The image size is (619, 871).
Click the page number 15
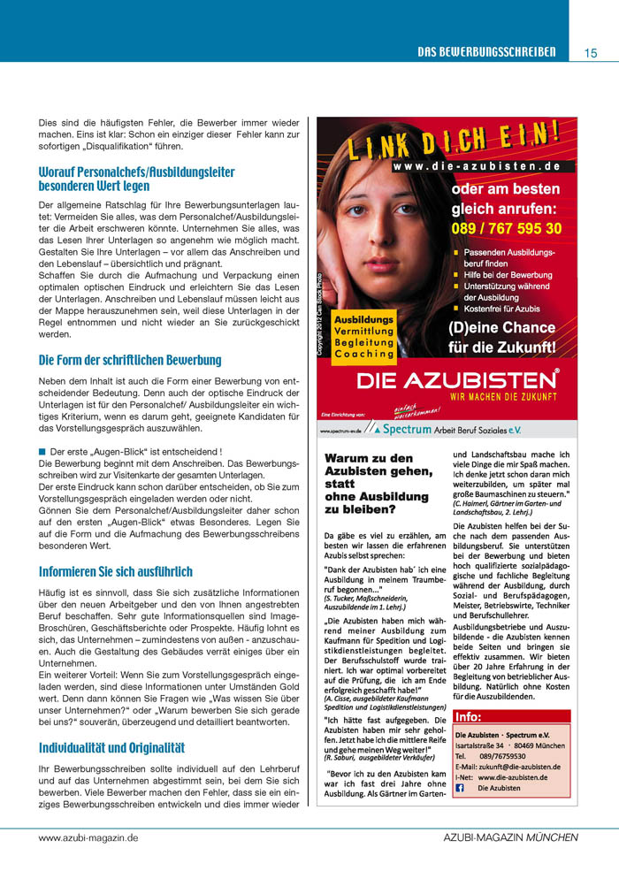coord(591,52)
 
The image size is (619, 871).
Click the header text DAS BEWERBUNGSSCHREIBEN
coord(486,52)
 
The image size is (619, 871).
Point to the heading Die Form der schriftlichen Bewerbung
coord(130,361)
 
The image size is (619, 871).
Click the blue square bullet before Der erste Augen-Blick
coord(42,451)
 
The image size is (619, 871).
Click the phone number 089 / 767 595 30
coord(506,228)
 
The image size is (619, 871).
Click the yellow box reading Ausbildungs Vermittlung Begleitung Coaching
coord(363,335)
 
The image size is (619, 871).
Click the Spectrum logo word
coord(407,430)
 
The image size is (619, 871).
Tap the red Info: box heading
coord(469,717)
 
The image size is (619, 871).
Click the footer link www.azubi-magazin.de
coord(88,837)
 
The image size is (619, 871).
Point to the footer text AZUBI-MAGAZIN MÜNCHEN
coord(510,837)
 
